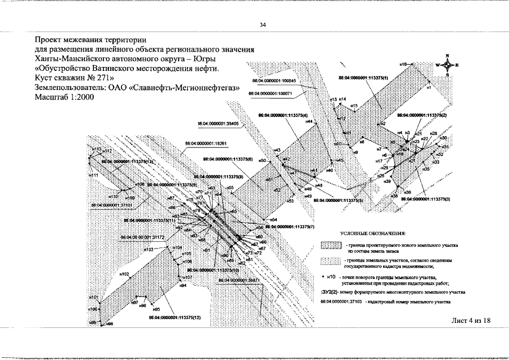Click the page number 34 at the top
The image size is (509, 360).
tap(263, 25)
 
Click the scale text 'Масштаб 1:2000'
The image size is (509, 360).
tap(64, 97)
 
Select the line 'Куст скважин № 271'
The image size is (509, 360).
tap(74, 78)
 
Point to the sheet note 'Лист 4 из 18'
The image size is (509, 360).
tap(471, 320)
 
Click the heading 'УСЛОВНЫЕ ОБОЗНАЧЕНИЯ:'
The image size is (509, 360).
tap(373, 233)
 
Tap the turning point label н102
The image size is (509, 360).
tap(124, 274)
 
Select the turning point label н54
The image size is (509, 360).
tap(273, 219)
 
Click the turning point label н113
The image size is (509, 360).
tap(97, 150)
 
